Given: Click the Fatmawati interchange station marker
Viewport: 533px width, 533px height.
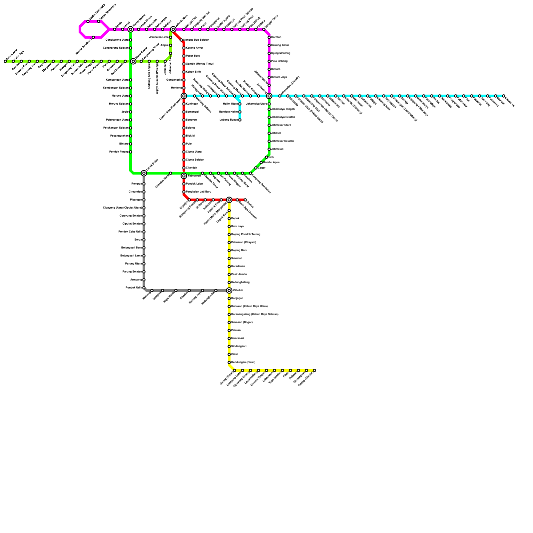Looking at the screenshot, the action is (184, 176).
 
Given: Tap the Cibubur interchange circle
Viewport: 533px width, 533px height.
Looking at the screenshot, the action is (229, 290).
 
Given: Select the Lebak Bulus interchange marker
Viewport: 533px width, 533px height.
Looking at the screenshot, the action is (144, 173).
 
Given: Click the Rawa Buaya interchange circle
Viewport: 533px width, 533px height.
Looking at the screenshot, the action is (133, 61).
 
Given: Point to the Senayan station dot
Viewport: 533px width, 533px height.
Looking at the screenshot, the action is (184, 120).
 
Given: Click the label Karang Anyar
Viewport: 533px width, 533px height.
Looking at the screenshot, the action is (194, 48).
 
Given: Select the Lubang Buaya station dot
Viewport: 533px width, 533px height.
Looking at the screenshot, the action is (240, 120).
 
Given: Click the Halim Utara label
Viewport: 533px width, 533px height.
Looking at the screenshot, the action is (230, 104).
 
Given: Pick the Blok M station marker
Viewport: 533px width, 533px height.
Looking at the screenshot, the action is (184, 136).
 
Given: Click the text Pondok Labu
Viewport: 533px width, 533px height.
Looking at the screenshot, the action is (194, 184).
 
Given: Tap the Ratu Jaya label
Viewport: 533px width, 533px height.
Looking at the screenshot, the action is (237, 227).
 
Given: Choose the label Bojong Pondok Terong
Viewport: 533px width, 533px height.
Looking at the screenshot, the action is (246, 235).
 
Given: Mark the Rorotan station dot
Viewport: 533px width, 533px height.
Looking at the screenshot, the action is (269, 37).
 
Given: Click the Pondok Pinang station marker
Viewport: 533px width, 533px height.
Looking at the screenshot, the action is (131, 152).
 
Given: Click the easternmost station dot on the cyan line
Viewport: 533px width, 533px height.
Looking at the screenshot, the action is (504, 96).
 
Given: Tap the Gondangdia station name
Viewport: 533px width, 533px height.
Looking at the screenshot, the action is (174, 80).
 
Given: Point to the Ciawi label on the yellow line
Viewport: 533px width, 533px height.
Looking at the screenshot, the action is (235, 354).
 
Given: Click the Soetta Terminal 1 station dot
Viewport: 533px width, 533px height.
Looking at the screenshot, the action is (93, 37).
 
